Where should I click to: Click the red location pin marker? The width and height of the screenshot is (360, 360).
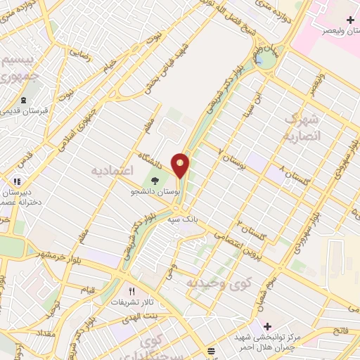181,165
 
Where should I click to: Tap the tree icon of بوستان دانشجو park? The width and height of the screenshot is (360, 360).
154,181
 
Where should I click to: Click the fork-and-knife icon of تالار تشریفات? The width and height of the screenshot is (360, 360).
131,291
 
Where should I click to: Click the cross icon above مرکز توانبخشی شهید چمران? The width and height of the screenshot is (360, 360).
266,326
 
